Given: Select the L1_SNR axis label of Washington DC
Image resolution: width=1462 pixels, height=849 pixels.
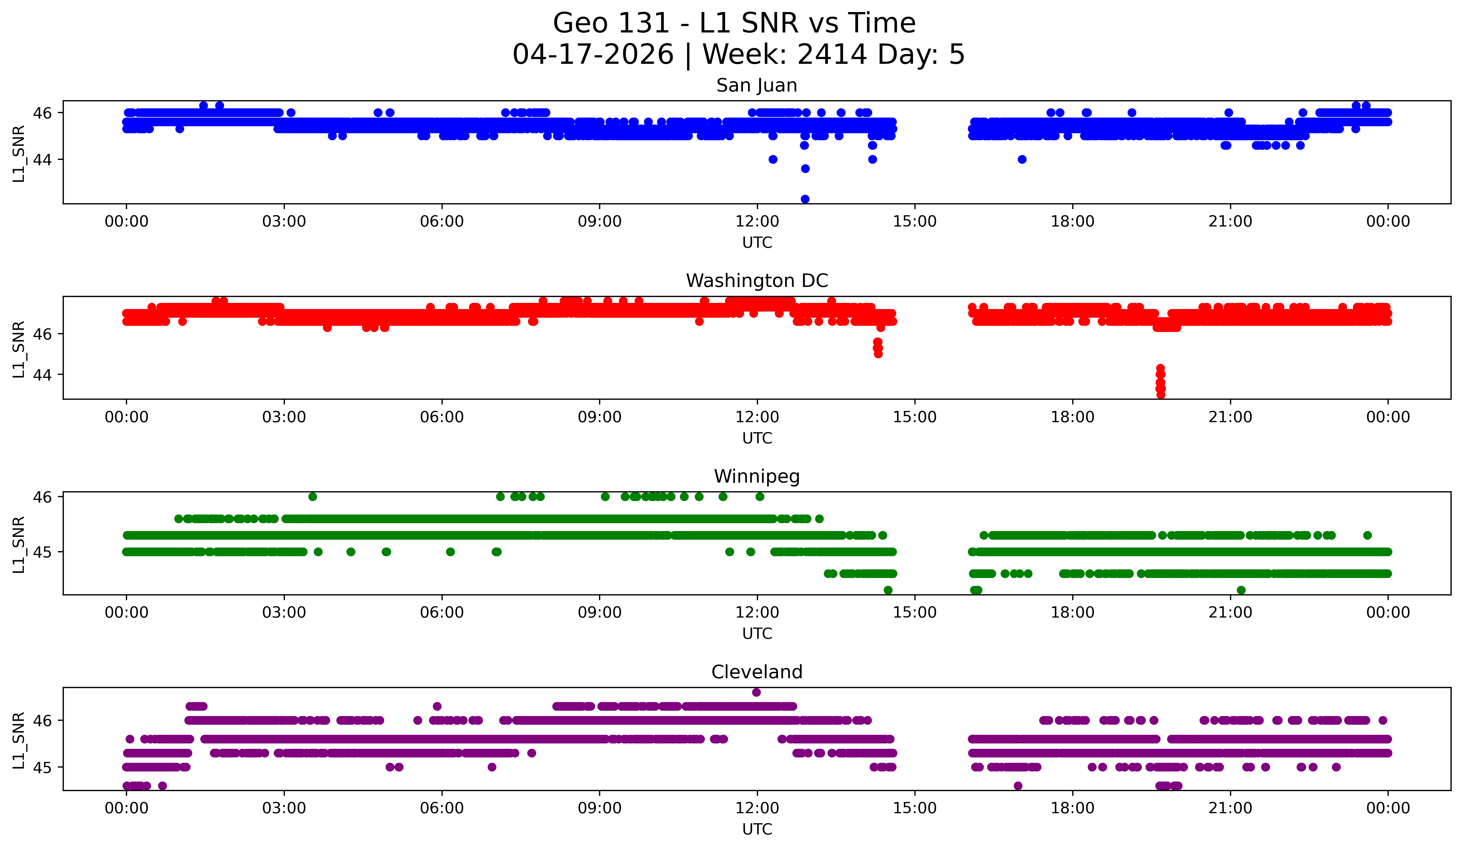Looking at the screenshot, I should (18, 349).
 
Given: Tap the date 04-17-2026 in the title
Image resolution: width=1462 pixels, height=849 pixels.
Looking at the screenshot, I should (593, 55).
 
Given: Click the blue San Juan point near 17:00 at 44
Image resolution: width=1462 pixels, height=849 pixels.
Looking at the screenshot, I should (1022, 160).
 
